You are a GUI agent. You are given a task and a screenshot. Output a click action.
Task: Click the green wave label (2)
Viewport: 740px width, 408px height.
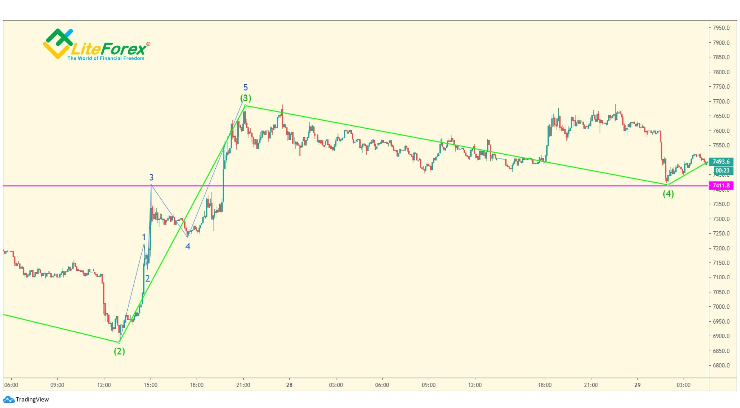(x=119, y=351)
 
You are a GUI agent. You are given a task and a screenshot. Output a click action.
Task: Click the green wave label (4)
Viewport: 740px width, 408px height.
(x=668, y=194)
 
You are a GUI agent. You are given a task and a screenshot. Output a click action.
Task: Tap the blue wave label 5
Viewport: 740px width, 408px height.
(x=245, y=87)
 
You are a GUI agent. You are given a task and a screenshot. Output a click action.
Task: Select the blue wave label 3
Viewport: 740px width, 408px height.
(x=151, y=178)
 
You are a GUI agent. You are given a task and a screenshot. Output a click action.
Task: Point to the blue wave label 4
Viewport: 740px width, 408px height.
(x=188, y=247)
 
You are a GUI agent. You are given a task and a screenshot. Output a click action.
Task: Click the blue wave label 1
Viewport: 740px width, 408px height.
(x=144, y=237)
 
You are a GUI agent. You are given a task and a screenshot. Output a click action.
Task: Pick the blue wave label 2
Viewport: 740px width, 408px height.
(x=147, y=279)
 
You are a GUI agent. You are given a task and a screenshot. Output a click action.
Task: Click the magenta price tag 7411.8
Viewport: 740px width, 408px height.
(x=721, y=186)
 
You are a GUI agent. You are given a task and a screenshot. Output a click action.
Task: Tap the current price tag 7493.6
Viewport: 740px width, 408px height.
(x=721, y=162)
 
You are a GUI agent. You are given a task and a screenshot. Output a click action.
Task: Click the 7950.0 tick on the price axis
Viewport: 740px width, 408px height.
(x=721, y=28)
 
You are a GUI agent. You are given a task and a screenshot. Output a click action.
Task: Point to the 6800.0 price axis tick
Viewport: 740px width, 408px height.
(x=721, y=366)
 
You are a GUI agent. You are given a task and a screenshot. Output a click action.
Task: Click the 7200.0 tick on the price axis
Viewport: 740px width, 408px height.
(x=721, y=248)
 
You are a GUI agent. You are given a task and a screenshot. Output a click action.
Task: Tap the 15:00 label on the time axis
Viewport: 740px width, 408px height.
(x=150, y=385)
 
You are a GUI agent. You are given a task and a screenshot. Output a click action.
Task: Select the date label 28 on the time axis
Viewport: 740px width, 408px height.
(x=289, y=385)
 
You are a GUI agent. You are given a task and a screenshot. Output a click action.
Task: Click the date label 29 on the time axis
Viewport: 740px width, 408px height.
(x=637, y=385)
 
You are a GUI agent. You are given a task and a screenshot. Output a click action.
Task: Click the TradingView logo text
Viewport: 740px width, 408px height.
(x=32, y=400)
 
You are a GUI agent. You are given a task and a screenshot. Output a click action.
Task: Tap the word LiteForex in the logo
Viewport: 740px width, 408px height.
(x=109, y=49)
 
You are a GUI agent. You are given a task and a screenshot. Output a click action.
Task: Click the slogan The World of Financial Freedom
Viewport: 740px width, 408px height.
(x=106, y=58)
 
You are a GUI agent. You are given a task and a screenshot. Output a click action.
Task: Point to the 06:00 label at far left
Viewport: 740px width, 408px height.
(x=11, y=385)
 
